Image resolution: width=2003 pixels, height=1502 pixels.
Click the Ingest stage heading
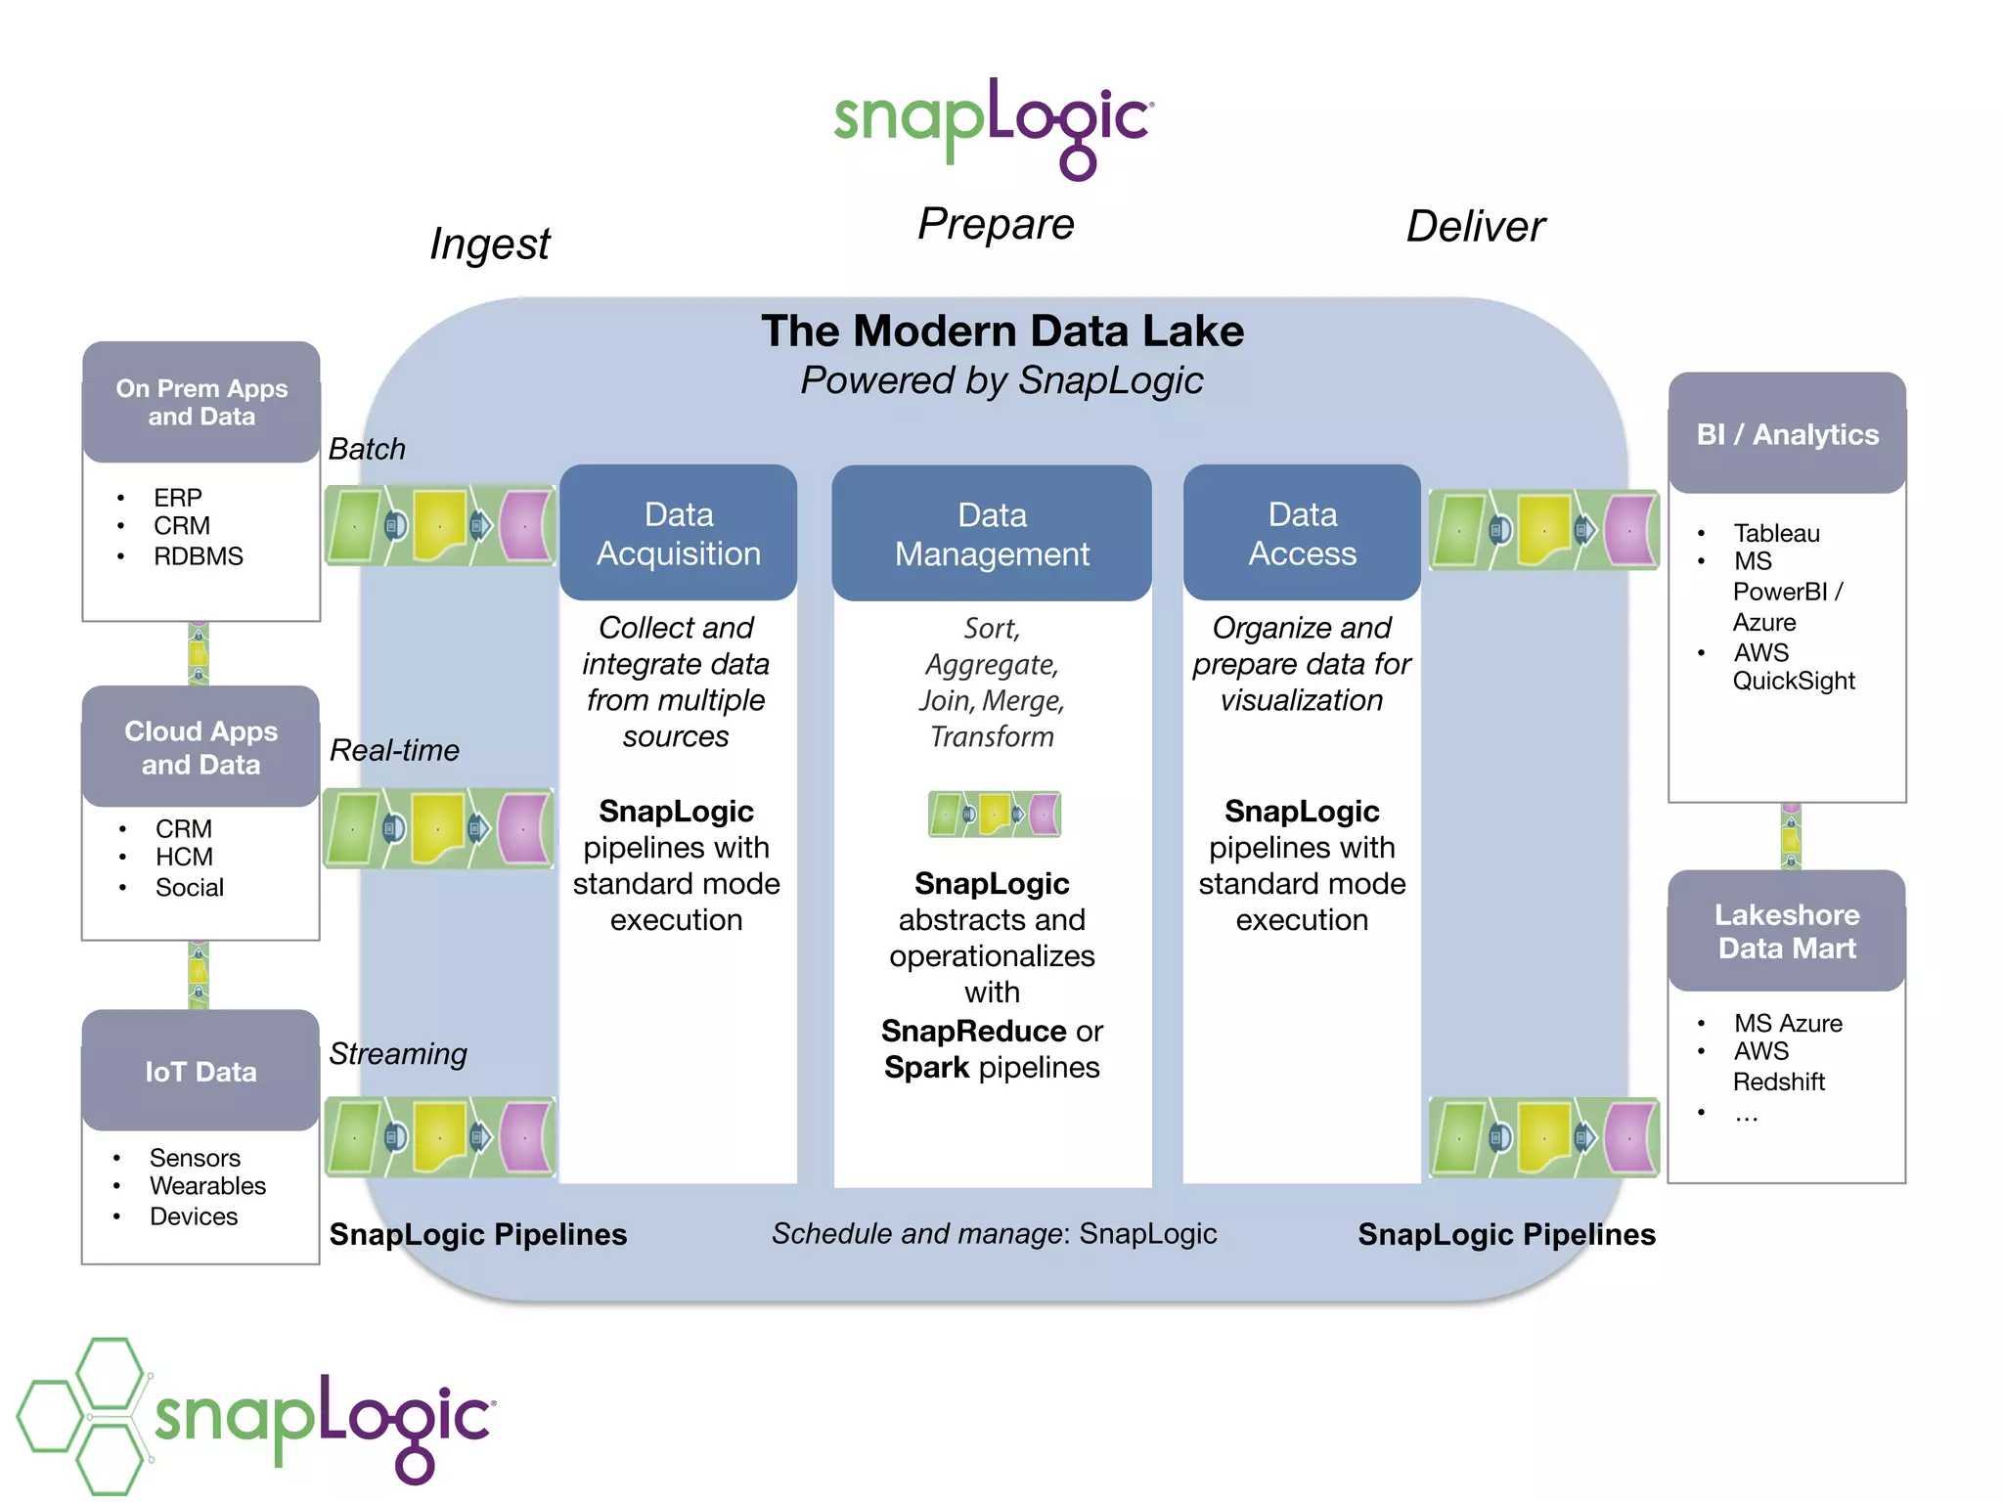490,243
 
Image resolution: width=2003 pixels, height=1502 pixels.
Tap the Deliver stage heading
1475,227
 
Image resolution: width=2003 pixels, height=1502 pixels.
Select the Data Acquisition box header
678,533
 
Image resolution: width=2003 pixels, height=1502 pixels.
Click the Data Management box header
992,534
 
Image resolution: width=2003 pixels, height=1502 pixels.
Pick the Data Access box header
1302,533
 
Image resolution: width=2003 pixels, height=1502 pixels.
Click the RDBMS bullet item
198,556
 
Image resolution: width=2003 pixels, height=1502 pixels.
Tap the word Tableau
1776,533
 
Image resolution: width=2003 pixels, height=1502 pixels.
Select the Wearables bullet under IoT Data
207,1186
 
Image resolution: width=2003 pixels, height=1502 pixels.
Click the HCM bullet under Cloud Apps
184,858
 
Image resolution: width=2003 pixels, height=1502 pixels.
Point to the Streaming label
398,1054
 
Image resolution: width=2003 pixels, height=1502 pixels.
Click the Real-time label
394,750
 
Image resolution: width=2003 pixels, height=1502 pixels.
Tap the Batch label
367,449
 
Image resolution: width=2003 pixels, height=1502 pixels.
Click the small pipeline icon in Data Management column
994,814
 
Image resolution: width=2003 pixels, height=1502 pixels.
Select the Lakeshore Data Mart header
1787,931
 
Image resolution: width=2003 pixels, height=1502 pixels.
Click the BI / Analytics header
1787,434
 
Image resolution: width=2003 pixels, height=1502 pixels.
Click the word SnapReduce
973,1032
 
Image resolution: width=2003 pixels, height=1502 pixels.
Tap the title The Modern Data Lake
1002,331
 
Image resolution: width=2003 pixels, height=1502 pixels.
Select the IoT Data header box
200,1072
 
